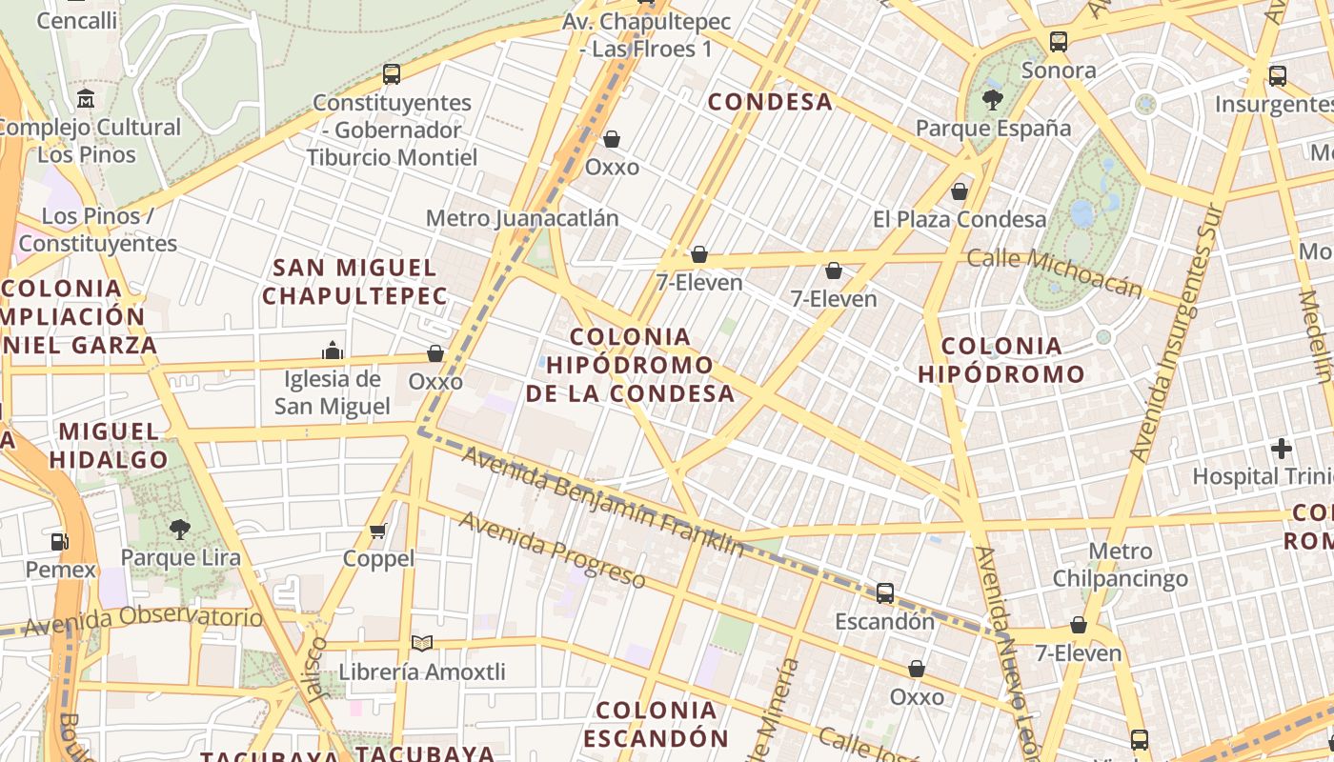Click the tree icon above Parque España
(993, 100)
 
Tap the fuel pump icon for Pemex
(60, 542)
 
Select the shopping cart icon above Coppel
(378, 531)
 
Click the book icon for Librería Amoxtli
(421, 644)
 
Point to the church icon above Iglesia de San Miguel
(333, 351)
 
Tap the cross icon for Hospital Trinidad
(1282, 448)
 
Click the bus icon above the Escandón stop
(885, 593)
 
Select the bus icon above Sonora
(1059, 42)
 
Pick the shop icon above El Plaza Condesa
(960, 191)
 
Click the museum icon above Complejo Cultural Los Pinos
(87, 99)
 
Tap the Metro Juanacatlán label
(522, 218)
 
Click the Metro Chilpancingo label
(1121, 565)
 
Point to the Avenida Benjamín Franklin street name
(603, 502)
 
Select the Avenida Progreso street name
(552, 551)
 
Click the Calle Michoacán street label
(1054, 272)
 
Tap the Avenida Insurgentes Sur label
(1173, 333)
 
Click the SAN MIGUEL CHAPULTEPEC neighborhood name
(354, 282)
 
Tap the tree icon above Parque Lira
(180, 530)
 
